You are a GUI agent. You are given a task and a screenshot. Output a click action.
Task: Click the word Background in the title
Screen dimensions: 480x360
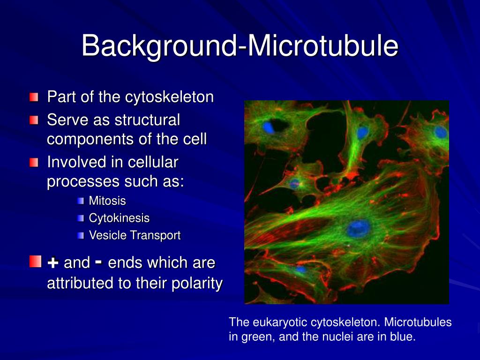click(159, 46)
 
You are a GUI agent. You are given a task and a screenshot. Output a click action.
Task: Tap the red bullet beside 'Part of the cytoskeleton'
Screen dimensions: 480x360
click(34, 97)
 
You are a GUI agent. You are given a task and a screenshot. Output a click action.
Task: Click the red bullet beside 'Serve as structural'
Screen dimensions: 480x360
click(34, 120)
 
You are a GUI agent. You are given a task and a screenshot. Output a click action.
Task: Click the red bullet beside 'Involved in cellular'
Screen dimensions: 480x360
click(34, 162)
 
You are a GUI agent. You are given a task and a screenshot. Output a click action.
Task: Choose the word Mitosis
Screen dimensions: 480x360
click(107, 201)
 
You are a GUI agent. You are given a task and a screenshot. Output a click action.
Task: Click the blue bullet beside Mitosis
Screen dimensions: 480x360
click(81, 201)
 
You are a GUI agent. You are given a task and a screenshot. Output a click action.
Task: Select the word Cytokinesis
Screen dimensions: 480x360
click(119, 218)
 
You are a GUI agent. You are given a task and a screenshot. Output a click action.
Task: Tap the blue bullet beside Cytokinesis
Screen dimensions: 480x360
click(81, 218)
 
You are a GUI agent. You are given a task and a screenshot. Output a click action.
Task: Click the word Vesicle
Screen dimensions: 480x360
click(108, 235)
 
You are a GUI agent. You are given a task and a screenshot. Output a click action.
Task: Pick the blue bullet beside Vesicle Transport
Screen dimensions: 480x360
click(81, 235)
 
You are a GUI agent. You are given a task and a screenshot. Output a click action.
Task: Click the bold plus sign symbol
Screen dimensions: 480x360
click(53, 262)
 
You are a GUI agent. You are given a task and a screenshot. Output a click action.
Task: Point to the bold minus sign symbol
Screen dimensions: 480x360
click(98, 262)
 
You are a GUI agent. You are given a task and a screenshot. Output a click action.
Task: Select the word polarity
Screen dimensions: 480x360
click(197, 283)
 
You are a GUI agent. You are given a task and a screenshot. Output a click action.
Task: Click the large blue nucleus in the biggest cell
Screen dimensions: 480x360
click(359, 229)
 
